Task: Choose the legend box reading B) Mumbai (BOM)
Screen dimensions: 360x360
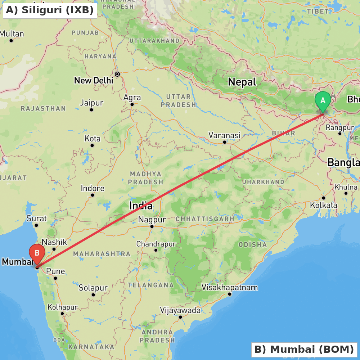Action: click(304, 349)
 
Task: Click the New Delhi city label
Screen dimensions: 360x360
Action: click(94, 80)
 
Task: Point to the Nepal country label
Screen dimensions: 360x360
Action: click(242, 82)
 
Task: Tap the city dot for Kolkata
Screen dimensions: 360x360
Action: click(324, 198)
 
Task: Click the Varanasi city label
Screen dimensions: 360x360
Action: click(224, 135)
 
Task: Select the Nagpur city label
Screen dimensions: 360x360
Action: click(152, 220)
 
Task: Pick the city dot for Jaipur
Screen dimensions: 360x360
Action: click(91, 110)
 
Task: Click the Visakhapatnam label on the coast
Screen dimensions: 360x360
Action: click(230, 287)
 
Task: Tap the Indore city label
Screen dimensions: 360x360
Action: click(93, 188)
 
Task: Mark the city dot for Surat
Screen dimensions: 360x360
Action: click(36, 225)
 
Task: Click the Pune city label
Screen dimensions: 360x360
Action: click(56, 271)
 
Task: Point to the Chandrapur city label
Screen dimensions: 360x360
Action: click(156, 244)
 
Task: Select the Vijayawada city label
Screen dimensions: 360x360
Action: click(180, 310)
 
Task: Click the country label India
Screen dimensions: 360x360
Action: click(141, 206)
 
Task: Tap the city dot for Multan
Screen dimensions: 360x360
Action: click(11, 40)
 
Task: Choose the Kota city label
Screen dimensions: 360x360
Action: click(92, 139)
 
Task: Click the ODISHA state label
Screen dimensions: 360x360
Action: click(253, 245)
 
